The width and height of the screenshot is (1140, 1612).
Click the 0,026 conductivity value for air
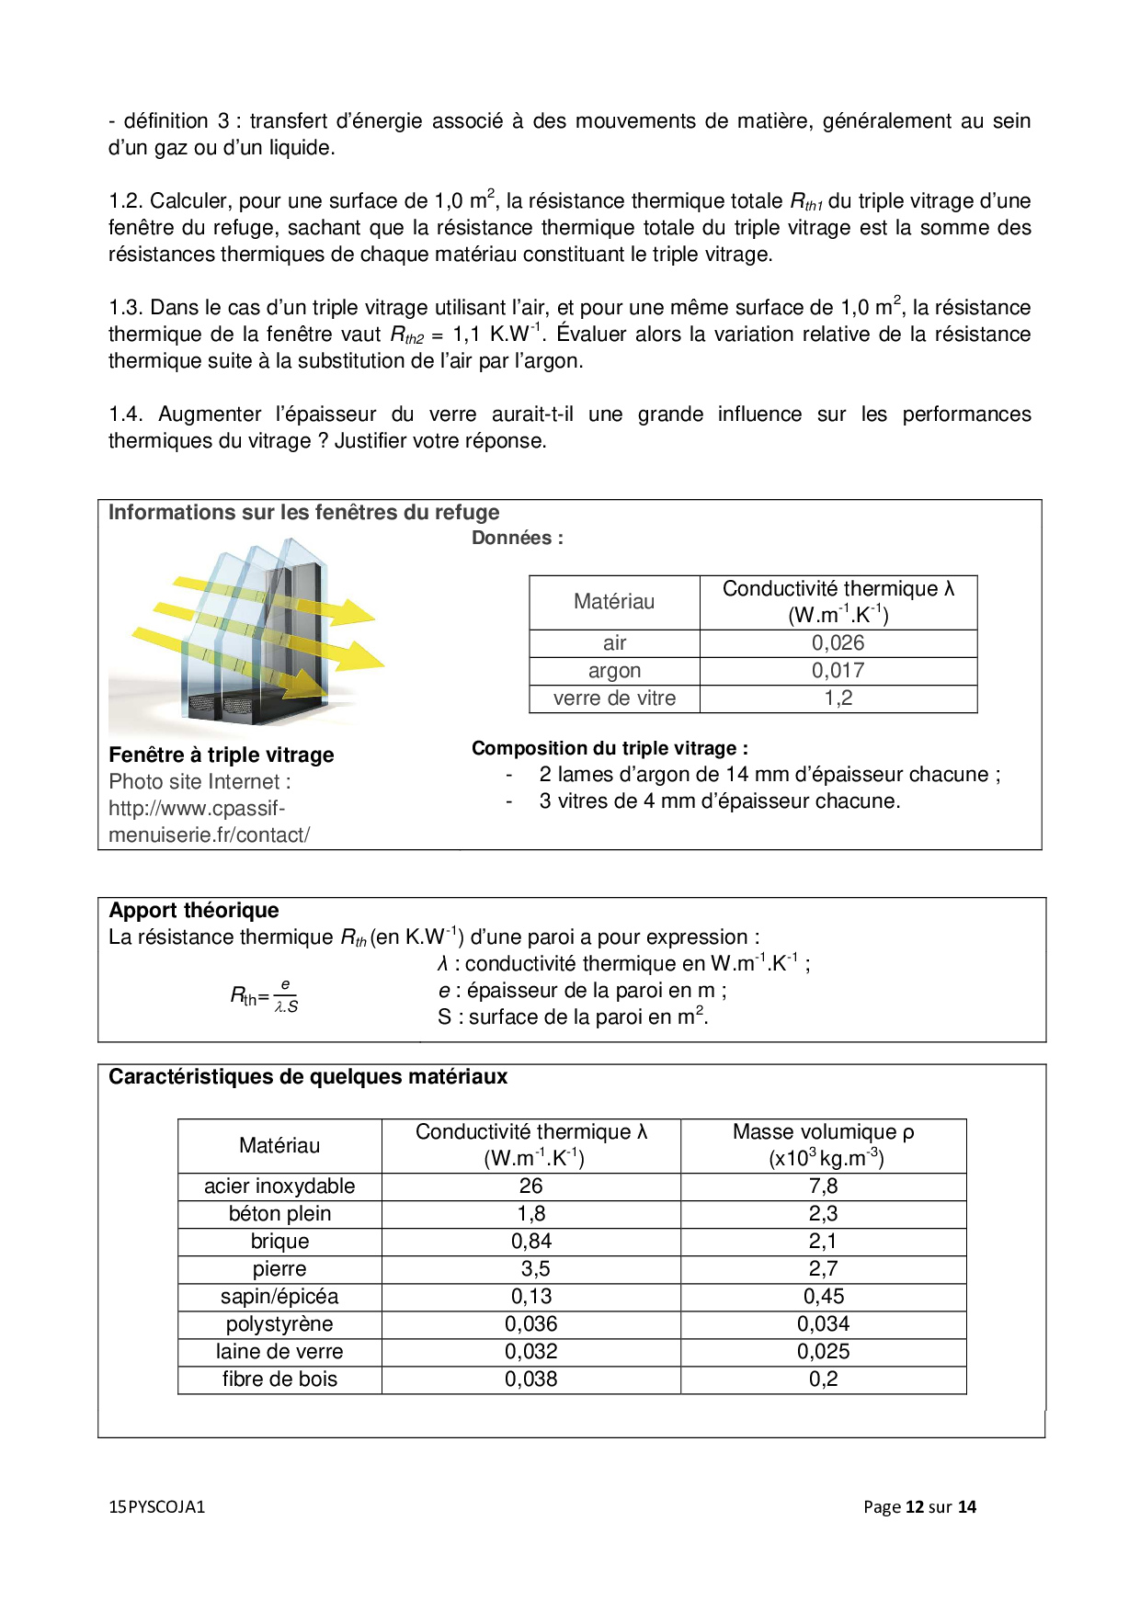[838, 643]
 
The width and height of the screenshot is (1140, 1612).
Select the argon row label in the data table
[614, 671]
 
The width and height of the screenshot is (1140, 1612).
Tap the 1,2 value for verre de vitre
[838, 698]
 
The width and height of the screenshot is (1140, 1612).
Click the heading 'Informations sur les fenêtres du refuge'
[303, 513]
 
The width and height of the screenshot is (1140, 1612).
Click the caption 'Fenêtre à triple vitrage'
[221, 755]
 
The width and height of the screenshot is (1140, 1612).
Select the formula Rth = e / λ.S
[264, 996]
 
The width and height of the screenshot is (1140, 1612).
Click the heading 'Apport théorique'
[194, 911]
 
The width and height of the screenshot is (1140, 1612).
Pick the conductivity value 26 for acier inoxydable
[530, 1186]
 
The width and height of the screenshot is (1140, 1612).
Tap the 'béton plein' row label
[279, 1214]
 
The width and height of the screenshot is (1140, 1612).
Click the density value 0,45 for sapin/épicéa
[823, 1297]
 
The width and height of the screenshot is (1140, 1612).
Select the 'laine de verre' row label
[279, 1352]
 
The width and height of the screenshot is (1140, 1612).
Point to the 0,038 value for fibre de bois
[530, 1379]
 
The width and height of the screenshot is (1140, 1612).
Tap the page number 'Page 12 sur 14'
[919, 1507]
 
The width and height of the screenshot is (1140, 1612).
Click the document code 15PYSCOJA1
[156, 1507]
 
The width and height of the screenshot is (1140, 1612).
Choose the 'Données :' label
[517, 539]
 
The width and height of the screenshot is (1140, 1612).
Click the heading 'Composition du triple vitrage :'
[610, 749]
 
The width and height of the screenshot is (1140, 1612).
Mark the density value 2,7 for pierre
[823, 1269]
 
